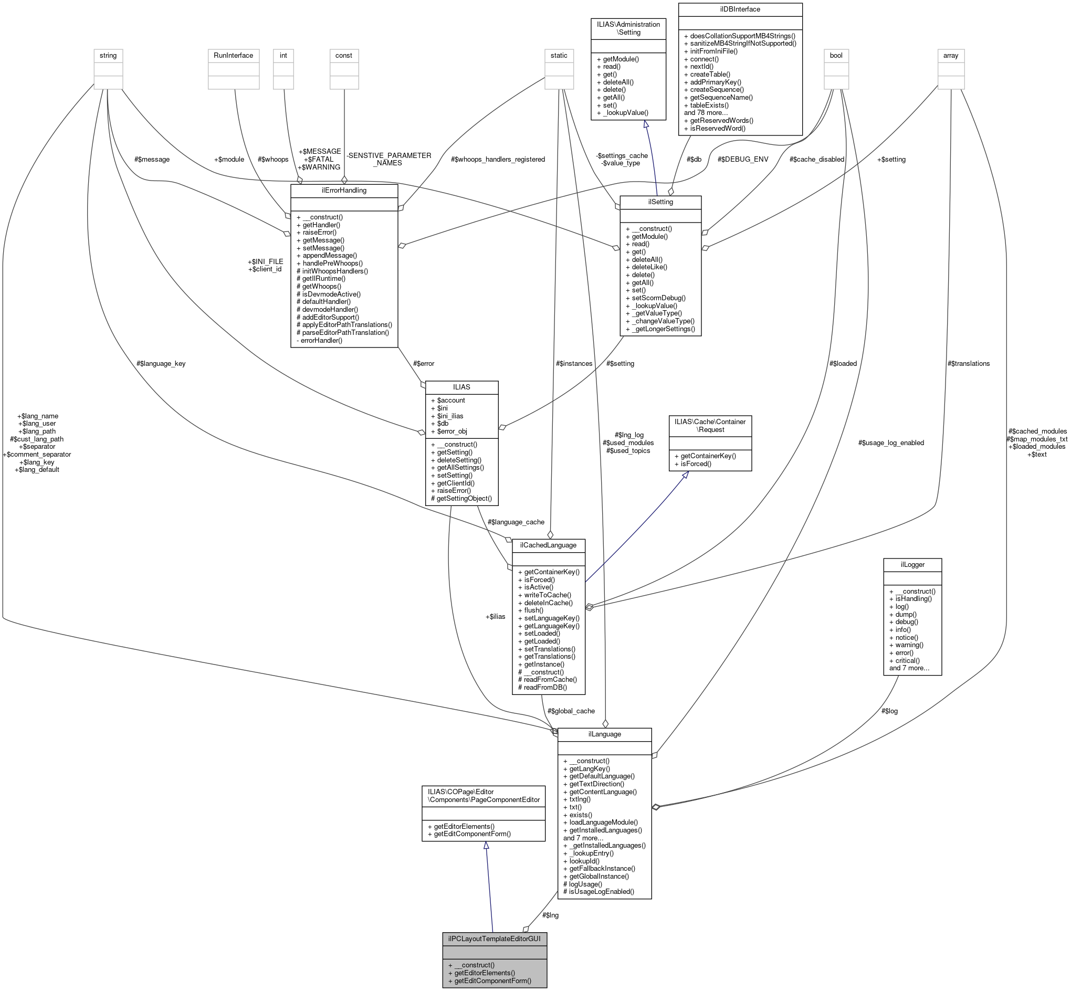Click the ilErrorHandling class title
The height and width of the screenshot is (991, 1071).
coord(344,191)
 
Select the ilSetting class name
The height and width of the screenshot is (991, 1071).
coord(660,202)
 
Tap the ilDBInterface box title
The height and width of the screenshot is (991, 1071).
coord(740,9)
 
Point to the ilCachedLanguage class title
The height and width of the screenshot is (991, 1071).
coord(548,545)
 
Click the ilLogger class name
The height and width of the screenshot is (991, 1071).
coord(912,564)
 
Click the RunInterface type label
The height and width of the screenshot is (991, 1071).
coord(233,55)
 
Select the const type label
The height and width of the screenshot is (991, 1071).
coord(344,55)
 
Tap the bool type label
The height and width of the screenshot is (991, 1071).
coord(836,55)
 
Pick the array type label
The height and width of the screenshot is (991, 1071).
coord(951,55)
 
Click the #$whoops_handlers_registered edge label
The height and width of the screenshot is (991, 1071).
coord(498,159)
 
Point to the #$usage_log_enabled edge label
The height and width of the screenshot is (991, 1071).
coord(891,443)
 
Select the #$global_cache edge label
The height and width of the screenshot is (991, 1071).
coord(571,711)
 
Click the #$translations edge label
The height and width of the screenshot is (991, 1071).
coord(969,364)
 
